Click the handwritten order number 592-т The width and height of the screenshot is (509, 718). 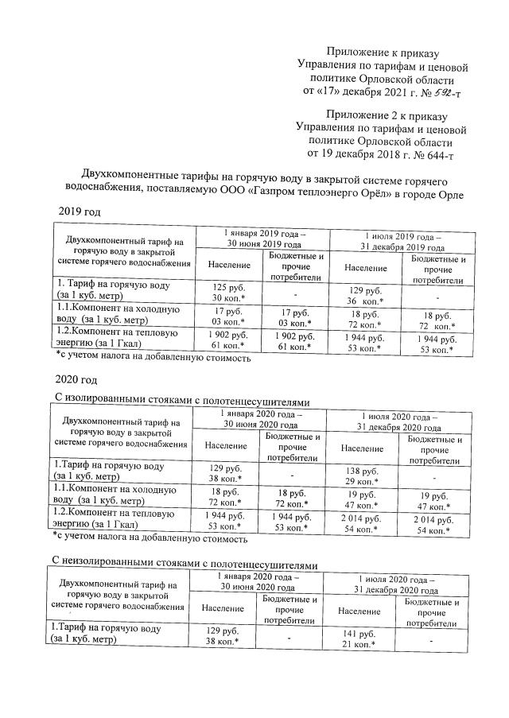(x=441, y=93)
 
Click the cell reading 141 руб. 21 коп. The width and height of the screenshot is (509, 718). (x=362, y=638)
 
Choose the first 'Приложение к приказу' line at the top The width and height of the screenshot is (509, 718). (x=381, y=49)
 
